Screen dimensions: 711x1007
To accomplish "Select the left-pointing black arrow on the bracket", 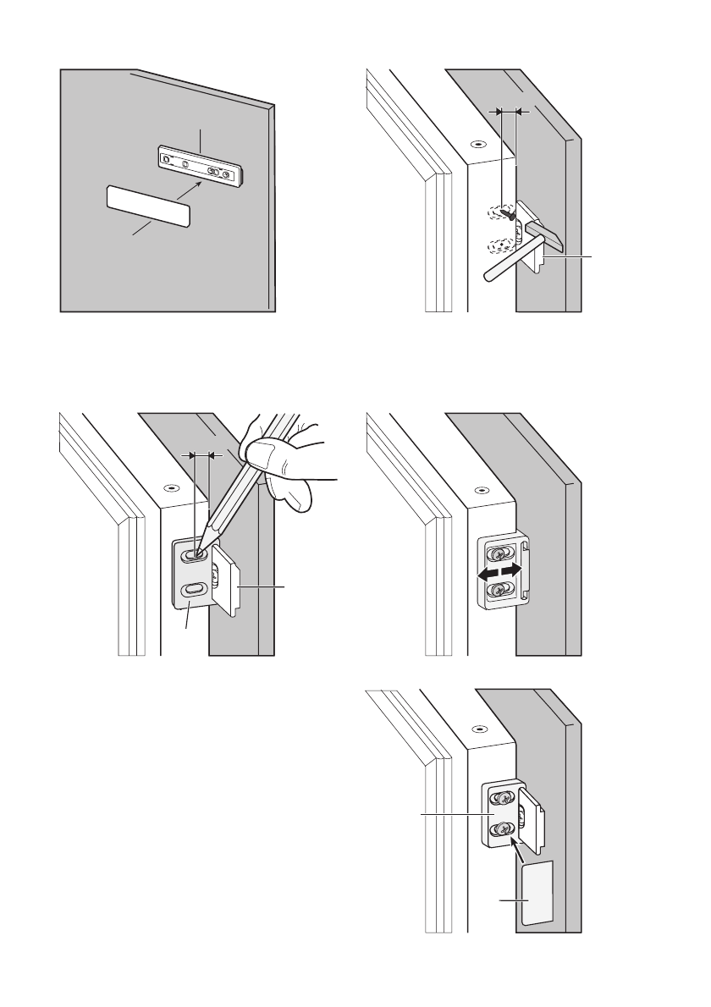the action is tap(488, 574).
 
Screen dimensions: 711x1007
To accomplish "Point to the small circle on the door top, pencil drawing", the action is tap(171, 488).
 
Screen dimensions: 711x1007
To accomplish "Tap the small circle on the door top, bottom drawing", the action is tap(480, 727).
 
